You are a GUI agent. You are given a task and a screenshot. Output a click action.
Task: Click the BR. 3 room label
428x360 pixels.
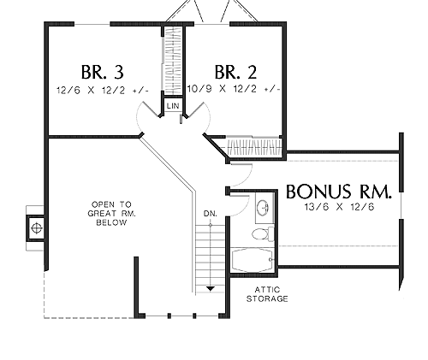tap(103, 72)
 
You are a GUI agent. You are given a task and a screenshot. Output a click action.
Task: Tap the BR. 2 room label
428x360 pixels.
tap(235, 72)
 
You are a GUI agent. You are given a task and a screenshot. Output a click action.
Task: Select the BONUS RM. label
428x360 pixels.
tap(339, 192)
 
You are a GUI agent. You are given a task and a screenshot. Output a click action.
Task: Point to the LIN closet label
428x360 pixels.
tap(173, 106)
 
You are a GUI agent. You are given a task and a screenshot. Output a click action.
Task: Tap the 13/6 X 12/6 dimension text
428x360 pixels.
tap(339, 207)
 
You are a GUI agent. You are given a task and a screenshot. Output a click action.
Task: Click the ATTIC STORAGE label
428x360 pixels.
tap(267, 294)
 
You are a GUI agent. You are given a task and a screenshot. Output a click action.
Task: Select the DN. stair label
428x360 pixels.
tap(211, 214)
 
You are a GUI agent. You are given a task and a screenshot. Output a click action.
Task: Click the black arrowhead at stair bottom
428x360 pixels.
tap(211, 289)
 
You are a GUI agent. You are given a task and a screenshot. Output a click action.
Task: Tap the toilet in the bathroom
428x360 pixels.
tap(263, 233)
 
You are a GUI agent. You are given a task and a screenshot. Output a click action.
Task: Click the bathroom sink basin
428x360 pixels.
tap(263, 207)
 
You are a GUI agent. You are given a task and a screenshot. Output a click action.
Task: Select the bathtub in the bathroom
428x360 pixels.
tap(252, 260)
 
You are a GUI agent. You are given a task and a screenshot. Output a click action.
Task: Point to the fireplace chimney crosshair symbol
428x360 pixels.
tap(37, 228)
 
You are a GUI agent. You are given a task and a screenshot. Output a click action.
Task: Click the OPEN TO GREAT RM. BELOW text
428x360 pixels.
tap(111, 214)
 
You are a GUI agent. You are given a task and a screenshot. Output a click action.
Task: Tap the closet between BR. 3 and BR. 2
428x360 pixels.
tap(173, 62)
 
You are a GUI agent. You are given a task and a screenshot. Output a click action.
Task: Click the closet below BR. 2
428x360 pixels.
tap(255, 147)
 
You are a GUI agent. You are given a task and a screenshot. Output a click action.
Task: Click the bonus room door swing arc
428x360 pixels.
tap(246, 177)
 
